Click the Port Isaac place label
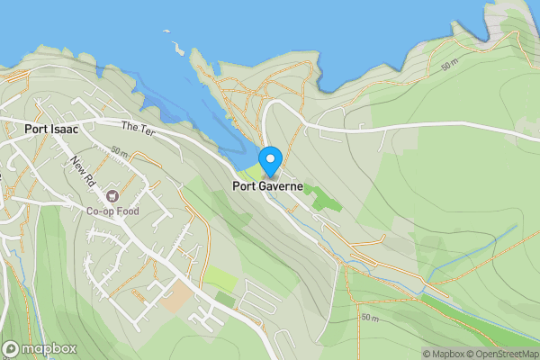click(51, 129)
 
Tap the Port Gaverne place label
click(267, 187)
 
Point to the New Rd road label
click(84, 168)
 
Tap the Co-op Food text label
click(112, 211)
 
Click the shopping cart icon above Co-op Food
click(112, 195)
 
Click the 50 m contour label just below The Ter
click(120, 152)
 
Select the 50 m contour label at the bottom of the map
click(370, 318)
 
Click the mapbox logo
click(40, 348)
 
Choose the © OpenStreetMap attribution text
click(507, 354)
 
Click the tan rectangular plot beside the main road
click(176, 298)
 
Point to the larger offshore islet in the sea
click(177, 47)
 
